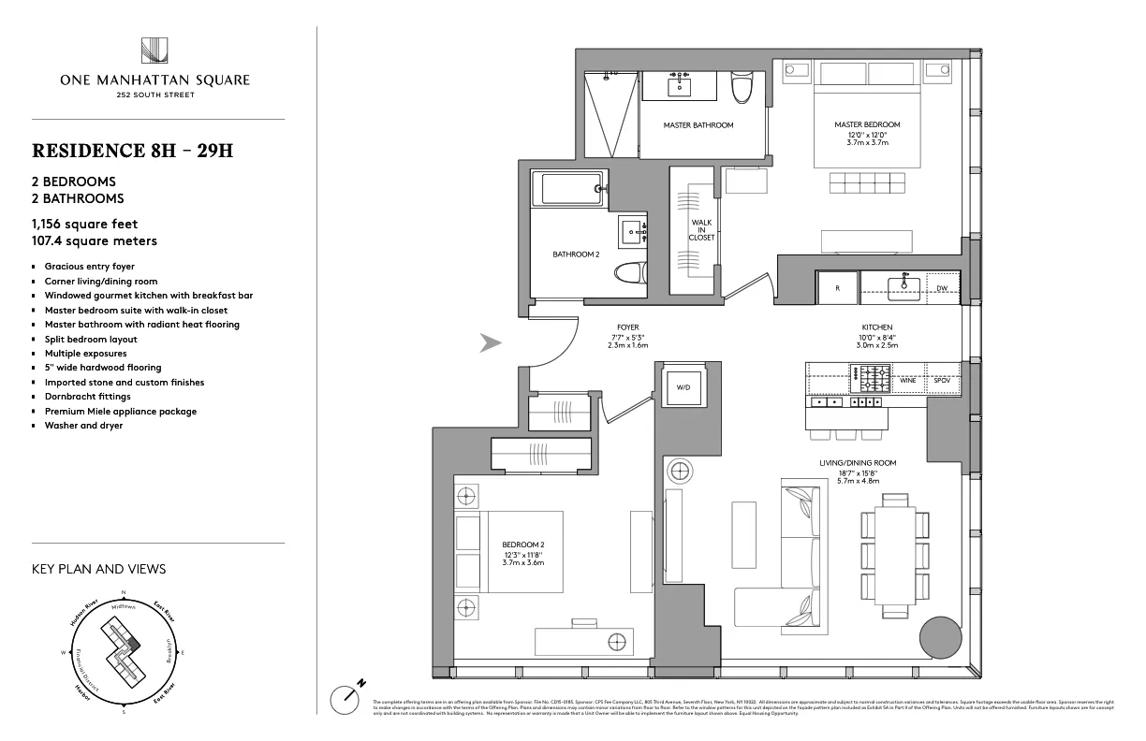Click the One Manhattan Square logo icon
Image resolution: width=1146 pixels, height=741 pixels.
tap(154, 50)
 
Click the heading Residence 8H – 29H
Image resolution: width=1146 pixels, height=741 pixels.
tap(132, 151)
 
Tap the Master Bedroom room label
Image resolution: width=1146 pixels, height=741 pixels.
tap(867, 124)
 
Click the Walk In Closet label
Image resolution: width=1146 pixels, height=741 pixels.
tap(702, 230)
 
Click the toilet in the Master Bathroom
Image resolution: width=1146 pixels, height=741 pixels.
tap(742, 89)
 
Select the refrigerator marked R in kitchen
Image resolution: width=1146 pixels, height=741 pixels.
tap(837, 288)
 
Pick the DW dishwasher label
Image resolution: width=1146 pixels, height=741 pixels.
tap(942, 288)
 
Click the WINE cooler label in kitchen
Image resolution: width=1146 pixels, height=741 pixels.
tap(907, 381)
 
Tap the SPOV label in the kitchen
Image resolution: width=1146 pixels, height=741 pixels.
tap(942, 381)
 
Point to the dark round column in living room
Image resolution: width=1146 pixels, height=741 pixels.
tap(940, 640)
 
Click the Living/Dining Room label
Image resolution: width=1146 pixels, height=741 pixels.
tap(858, 463)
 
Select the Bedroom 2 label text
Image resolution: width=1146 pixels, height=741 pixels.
tap(517, 544)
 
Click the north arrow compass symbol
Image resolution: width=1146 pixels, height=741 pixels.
tap(346, 698)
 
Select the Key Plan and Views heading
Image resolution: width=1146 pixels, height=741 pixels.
tap(98, 569)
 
